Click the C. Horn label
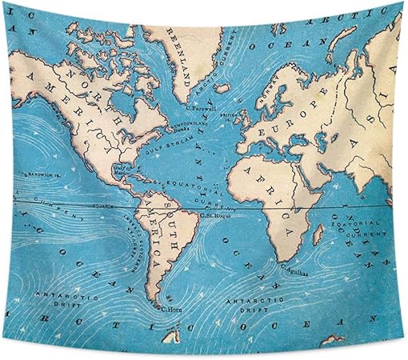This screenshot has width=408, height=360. click(170, 308)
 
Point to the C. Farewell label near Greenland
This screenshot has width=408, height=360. click(198, 106)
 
